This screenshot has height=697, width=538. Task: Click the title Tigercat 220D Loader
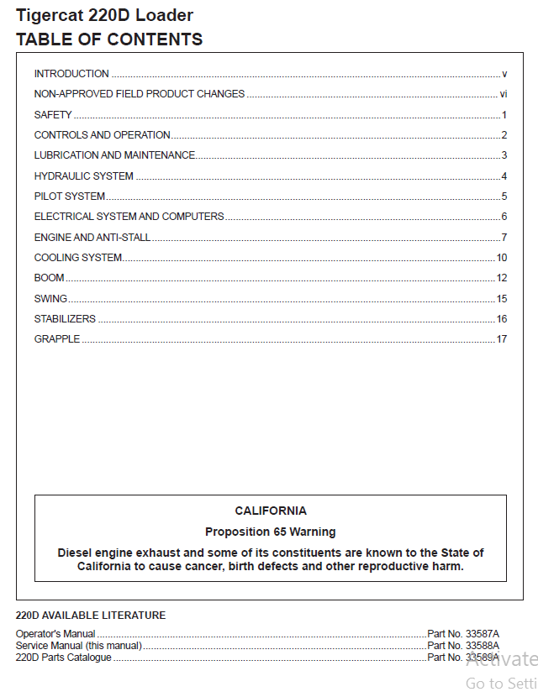coord(104,15)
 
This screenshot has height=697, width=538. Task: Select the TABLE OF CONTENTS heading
coord(109,39)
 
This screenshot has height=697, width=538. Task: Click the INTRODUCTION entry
coord(71,74)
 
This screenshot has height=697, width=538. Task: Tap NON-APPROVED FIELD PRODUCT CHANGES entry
coord(140,94)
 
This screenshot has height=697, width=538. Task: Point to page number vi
coord(503,94)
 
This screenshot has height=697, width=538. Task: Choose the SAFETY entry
coord(53,115)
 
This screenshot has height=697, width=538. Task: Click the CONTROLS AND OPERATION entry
coord(102,135)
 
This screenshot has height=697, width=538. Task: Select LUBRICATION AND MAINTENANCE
coord(114,155)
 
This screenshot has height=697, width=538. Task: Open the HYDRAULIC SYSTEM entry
coord(83,176)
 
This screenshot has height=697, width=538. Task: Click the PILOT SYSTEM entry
coord(70,197)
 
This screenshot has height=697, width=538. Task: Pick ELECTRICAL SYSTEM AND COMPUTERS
coord(129,217)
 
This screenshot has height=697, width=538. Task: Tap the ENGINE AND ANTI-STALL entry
coord(92,238)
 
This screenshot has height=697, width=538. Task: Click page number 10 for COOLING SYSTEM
coord(502,258)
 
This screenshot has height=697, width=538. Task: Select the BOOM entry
coord(49,278)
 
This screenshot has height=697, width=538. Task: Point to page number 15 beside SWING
coord(502,299)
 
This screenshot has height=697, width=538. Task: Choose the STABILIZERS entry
coord(65,319)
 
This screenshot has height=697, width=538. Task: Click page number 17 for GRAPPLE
coord(502,339)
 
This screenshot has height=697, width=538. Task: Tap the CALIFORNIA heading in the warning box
coord(271,511)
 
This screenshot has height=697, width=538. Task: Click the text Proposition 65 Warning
coord(271,532)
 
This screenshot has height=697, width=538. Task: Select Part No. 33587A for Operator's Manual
coord(463,633)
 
